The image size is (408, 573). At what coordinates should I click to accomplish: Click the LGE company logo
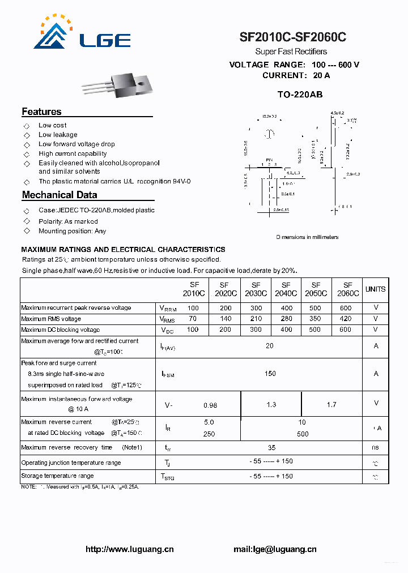(x=82, y=35)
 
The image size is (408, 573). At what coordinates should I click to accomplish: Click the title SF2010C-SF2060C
(x=293, y=38)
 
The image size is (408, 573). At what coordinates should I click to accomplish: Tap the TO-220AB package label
(x=300, y=95)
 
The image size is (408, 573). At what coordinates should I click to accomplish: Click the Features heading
(x=41, y=112)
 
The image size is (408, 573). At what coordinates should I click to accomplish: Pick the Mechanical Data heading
(x=59, y=195)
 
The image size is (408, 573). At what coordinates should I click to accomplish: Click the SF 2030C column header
(x=256, y=289)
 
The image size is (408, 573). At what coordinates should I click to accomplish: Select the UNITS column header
(x=375, y=289)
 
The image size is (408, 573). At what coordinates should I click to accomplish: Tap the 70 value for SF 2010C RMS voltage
(x=193, y=319)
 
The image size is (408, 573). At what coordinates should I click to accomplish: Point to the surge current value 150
(x=270, y=373)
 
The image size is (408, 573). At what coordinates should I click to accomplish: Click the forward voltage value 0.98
(x=210, y=405)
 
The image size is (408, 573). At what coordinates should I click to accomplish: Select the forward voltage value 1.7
(x=331, y=404)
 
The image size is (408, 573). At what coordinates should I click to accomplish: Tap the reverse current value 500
(x=303, y=434)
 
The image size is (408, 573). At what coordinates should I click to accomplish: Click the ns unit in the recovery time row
(x=375, y=447)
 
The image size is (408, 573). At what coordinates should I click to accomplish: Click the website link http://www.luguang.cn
(x=129, y=549)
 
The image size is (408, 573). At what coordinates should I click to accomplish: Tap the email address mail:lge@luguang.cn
(x=275, y=549)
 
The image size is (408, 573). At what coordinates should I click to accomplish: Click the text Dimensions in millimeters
(x=307, y=237)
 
